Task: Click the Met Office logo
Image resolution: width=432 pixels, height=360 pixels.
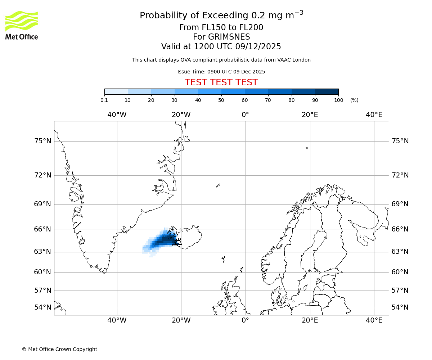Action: click(22, 25)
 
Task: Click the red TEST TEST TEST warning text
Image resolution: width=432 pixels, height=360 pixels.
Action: click(221, 82)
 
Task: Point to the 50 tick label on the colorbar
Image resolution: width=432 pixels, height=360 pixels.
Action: click(221, 100)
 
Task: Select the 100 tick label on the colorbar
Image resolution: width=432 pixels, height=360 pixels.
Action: click(338, 100)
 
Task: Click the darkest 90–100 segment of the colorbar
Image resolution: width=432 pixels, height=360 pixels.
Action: click(327, 91)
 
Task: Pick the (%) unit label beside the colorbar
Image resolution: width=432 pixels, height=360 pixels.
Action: click(354, 100)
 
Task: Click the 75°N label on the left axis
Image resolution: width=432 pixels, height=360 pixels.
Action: click(42, 141)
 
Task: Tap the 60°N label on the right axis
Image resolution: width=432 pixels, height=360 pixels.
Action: click(400, 272)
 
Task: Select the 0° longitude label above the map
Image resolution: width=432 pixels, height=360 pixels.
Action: click(245, 115)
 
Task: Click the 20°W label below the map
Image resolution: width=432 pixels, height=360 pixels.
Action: click(181, 320)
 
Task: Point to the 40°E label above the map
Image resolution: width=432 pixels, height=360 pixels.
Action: click(374, 115)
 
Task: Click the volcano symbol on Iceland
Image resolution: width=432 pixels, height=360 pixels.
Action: click(177, 242)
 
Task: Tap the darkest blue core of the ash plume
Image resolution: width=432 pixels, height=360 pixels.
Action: click(166, 239)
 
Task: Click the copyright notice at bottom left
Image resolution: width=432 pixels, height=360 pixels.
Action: click(59, 349)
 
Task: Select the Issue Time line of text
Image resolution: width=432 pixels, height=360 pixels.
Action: click(221, 72)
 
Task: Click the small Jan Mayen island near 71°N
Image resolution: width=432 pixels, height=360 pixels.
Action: click(218, 185)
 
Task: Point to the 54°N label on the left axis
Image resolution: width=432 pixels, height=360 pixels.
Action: click(42, 307)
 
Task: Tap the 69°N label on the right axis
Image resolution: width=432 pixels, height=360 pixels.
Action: click(400, 204)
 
